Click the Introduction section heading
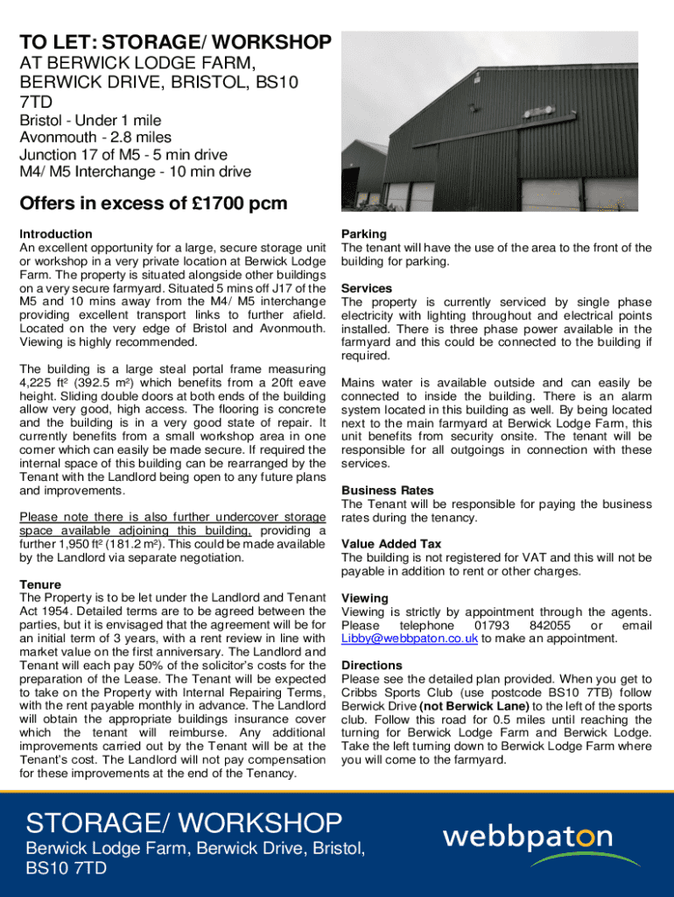55,234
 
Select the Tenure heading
40,584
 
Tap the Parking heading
364,234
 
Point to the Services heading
367,288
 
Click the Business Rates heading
388,491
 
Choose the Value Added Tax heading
391,544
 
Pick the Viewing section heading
365,598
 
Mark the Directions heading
372,666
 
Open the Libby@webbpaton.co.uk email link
410,639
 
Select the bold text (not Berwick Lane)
474,706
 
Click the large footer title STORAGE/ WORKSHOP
184,823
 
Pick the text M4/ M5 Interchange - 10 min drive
135,172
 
